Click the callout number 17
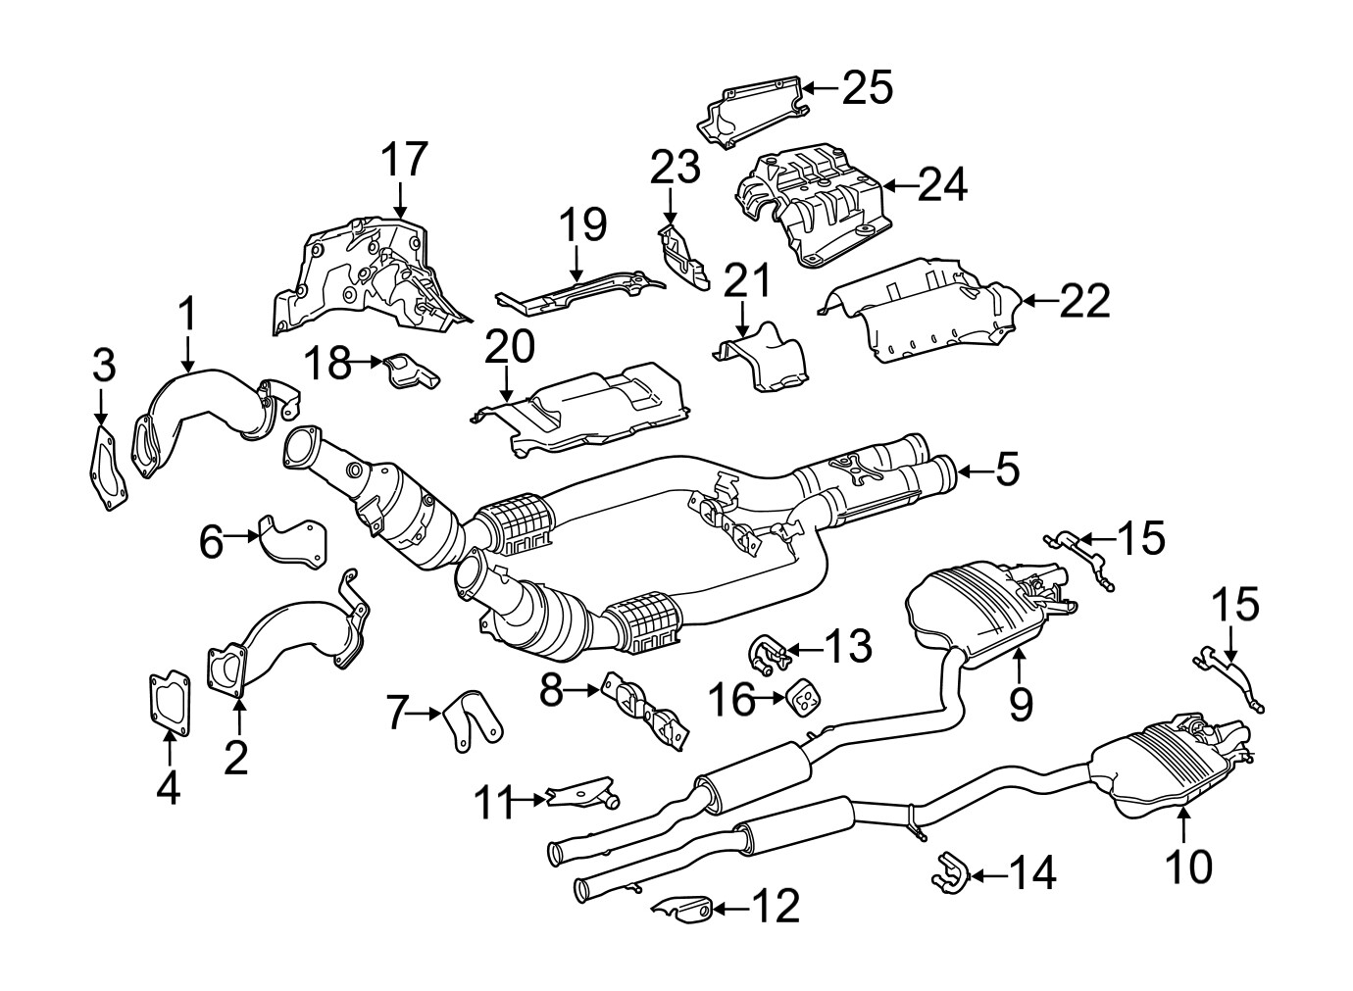pyautogui.click(x=405, y=159)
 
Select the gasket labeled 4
pyautogui.click(x=170, y=701)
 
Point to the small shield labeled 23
pyautogui.click(x=684, y=257)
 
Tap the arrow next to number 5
pyautogui.click(x=973, y=472)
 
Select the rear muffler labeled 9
pyautogui.click(x=990, y=608)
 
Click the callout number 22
pyautogui.click(x=1084, y=301)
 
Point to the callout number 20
pyautogui.click(x=509, y=346)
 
